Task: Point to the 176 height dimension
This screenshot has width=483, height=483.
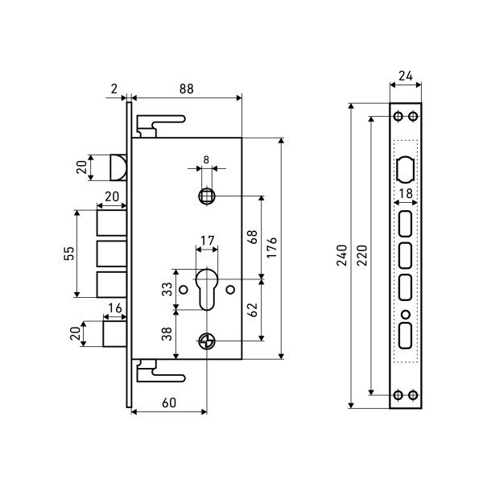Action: point(273,247)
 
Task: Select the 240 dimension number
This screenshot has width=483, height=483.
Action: point(342,254)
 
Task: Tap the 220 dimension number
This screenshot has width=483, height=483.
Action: point(362,254)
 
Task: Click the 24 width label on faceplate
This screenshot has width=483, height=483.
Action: point(406,78)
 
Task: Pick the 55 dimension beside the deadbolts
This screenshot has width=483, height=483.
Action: point(69,254)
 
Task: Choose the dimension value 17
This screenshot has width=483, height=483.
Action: point(207,241)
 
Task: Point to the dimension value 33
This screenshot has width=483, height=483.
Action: point(167,287)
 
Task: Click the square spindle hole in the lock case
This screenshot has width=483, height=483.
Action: point(207,196)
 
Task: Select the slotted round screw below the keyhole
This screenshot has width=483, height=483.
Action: point(207,341)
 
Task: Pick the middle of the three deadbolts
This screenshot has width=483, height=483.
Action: point(111,254)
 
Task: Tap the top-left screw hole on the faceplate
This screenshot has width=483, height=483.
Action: point(398,116)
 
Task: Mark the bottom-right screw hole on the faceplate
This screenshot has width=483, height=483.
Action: point(413,395)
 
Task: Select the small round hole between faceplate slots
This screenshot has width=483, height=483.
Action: point(405,313)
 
